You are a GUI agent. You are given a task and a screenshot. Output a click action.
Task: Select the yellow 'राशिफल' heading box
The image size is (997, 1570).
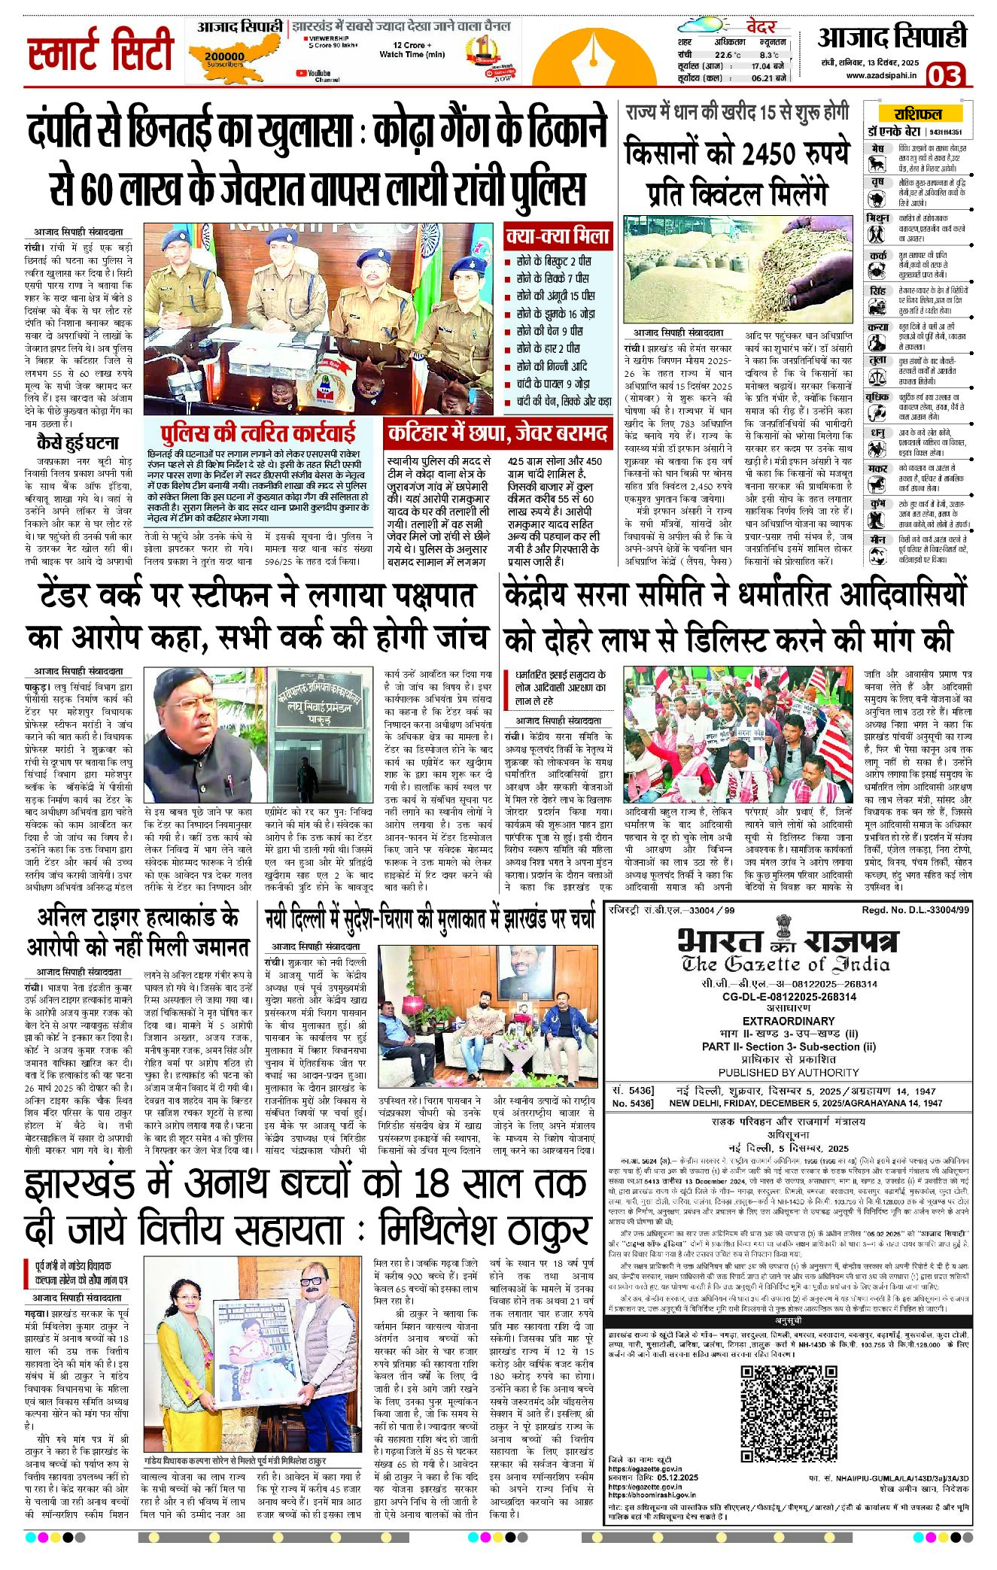(x=917, y=114)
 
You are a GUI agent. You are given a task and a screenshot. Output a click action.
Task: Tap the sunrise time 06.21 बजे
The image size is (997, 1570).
(x=768, y=77)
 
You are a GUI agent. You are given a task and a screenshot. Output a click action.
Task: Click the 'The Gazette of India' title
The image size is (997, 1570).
(x=786, y=964)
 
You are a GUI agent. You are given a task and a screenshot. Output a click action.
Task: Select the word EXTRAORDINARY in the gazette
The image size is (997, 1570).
(x=788, y=1021)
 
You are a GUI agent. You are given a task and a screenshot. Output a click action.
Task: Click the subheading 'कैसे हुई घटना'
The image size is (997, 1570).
(x=78, y=442)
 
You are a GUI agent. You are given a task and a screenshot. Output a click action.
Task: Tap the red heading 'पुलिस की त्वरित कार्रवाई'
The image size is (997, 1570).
(x=258, y=434)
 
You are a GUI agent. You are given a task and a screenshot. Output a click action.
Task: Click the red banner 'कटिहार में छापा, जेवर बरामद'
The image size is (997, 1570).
(x=497, y=433)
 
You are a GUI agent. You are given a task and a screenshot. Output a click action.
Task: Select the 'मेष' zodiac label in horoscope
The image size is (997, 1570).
(x=877, y=149)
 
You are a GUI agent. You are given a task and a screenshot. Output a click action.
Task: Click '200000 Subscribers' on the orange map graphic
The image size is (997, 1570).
(x=223, y=58)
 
